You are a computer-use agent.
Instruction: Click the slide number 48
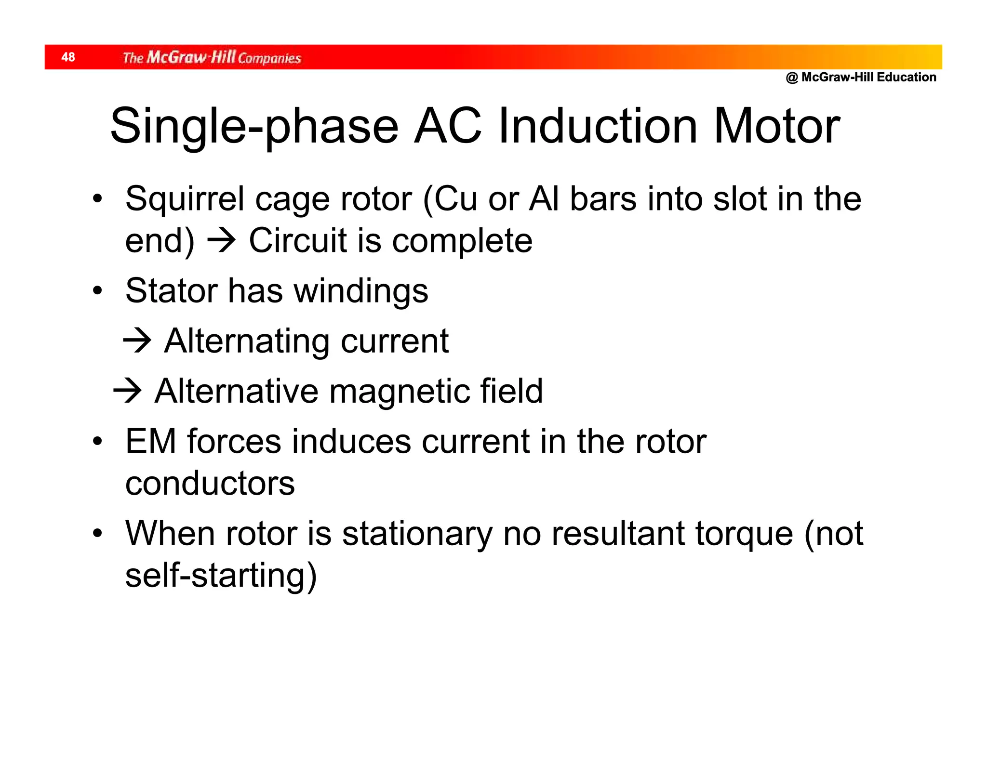tap(68, 57)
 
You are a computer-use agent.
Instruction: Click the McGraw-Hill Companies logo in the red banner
tap(212, 57)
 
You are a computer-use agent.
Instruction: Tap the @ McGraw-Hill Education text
tap(861, 77)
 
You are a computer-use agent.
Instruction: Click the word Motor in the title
tap(776, 126)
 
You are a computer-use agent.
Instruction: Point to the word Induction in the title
tap(598, 126)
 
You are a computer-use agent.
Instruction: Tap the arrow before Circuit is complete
tap(221, 240)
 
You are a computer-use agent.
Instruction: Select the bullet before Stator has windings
tap(98, 291)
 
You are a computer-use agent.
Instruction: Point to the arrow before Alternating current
tap(137, 341)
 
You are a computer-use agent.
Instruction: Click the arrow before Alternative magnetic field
tap(127, 390)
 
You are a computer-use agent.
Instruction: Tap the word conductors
tap(210, 483)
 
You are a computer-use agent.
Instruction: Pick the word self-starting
tap(220, 576)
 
